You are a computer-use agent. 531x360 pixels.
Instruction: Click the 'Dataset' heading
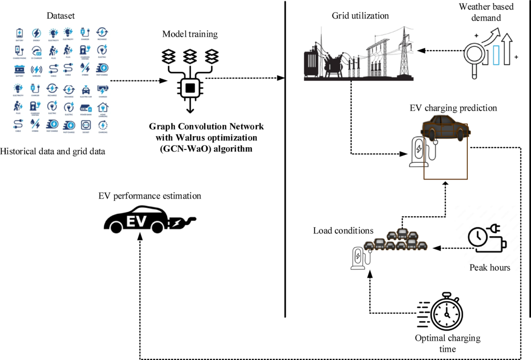click(61, 16)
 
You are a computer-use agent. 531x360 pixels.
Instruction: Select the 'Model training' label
click(189, 34)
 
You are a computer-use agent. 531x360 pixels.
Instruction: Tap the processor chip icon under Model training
click(190, 88)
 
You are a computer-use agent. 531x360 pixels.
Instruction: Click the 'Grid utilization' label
click(360, 16)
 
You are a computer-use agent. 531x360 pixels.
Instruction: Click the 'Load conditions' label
click(343, 231)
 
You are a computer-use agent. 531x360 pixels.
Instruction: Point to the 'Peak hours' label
click(489, 268)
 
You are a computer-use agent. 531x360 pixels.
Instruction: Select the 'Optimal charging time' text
click(447, 344)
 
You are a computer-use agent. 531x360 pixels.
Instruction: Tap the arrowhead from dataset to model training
click(163, 81)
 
